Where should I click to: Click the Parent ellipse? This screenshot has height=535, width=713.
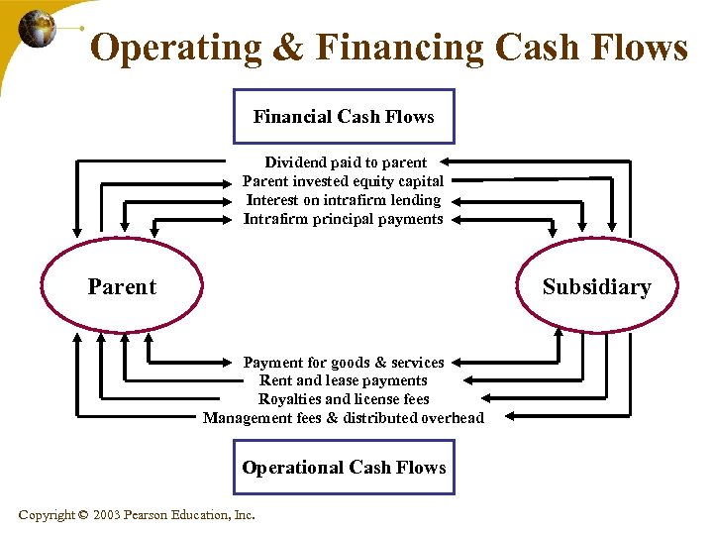point(122,287)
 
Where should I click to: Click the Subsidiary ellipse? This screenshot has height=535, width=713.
point(596,287)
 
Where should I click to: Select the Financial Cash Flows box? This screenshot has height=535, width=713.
point(344,117)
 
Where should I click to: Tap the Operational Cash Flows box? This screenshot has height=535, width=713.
point(344,467)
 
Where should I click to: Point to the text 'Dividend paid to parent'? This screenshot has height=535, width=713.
point(346,162)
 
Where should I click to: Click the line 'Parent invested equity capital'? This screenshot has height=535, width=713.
point(344,181)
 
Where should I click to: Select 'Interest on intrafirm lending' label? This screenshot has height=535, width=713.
point(344,200)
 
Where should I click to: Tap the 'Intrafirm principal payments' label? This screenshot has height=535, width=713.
point(344,219)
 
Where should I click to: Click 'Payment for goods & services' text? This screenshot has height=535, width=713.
point(344,363)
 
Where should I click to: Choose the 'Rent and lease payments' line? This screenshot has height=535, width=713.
point(344,380)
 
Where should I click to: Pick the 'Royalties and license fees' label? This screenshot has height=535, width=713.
point(344,399)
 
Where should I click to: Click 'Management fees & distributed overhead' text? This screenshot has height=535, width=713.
point(344,418)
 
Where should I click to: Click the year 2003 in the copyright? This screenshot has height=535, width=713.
point(106,514)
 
